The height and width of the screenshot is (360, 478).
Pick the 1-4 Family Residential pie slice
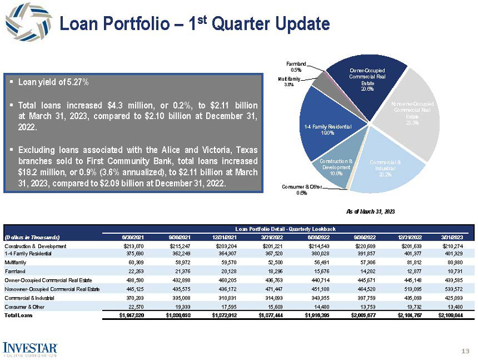click(326, 129)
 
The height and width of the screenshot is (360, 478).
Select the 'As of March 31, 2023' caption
click(370, 212)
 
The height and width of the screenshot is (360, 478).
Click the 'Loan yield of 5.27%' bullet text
click(54, 81)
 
